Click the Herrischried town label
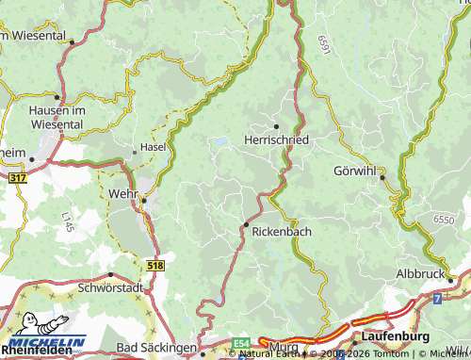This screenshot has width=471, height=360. tap(276, 139)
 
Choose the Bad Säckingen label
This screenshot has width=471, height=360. tap(156, 348)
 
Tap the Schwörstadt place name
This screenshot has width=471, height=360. tap(110, 287)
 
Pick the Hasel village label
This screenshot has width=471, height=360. tap(153, 148)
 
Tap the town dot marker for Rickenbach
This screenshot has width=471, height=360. tap(246, 224)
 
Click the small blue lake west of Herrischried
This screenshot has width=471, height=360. tap(219, 142)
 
